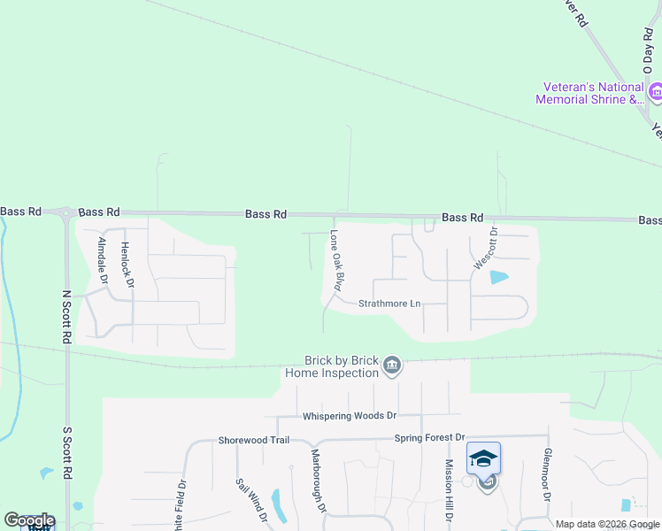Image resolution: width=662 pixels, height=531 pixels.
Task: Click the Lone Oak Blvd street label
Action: (x=336, y=261)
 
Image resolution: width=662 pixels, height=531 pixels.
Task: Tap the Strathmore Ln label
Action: (x=389, y=304)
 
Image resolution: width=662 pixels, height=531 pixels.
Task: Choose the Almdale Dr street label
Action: (x=104, y=259)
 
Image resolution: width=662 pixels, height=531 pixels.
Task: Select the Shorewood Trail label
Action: (x=254, y=440)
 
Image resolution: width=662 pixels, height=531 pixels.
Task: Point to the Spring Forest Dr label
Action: (x=429, y=437)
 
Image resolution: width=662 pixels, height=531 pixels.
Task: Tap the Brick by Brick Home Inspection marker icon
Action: (x=392, y=365)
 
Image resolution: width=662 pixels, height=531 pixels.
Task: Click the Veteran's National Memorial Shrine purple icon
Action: (x=657, y=92)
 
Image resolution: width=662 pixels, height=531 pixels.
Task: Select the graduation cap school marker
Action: (x=484, y=458)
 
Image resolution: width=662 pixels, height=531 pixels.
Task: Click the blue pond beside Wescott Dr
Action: (x=499, y=277)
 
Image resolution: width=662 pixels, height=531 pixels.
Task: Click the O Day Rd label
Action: (x=647, y=50)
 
